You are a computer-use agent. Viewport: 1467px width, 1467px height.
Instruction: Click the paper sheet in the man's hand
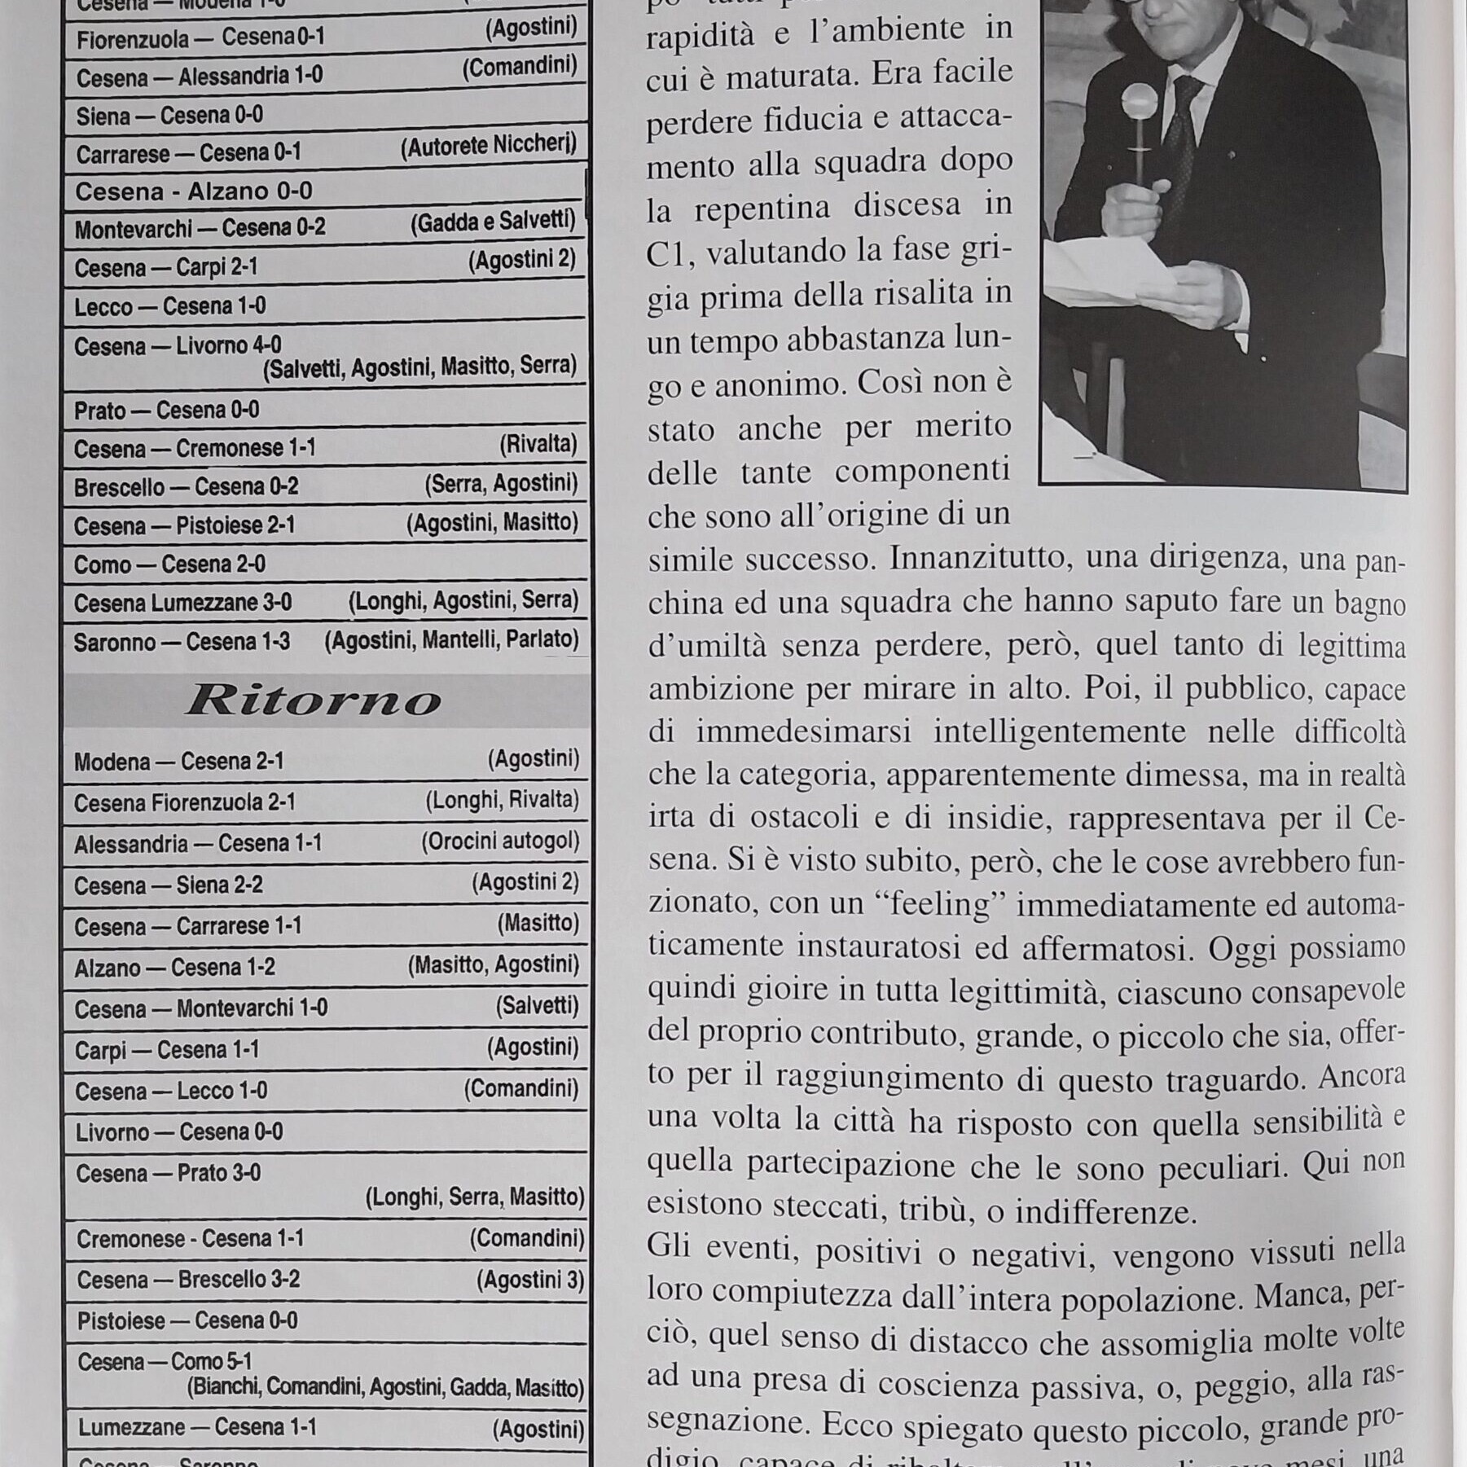coord(1124,269)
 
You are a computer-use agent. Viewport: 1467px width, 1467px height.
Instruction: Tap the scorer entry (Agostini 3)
coord(530,1280)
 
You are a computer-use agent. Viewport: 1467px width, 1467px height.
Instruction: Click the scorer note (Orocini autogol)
coord(500,841)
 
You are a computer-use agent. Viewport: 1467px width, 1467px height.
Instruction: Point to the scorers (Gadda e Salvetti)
coord(493,222)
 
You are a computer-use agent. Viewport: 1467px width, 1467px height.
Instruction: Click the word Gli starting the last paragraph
coord(668,1245)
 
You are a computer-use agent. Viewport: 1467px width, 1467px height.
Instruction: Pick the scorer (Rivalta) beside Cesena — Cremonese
coord(538,445)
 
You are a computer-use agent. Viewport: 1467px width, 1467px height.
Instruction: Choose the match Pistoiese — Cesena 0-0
coord(187,1320)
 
